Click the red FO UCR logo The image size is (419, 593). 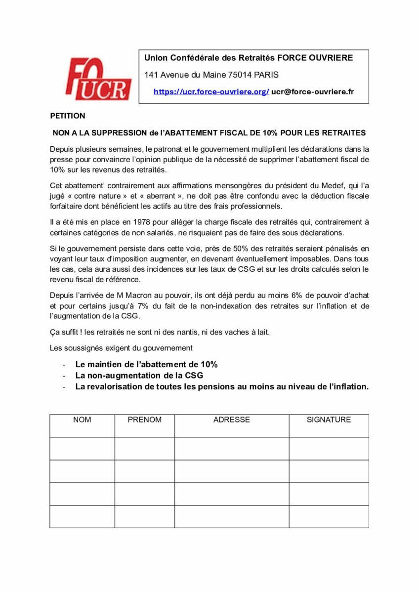click(98, 79)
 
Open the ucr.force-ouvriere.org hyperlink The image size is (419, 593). click(211, 92)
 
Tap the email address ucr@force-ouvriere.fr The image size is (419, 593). click(312, 92)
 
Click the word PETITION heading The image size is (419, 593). click(68, 116)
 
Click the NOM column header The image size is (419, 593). click(82, 420)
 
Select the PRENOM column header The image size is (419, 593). click(144, 420)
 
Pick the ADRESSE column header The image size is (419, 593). click(231, 420)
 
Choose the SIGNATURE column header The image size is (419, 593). click(329, 420)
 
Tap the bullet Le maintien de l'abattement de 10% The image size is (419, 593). click(146, 364)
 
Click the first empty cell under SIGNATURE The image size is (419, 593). click(329, 448)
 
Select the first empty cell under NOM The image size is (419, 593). click(82, 448)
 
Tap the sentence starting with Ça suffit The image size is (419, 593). click(160, 332)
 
